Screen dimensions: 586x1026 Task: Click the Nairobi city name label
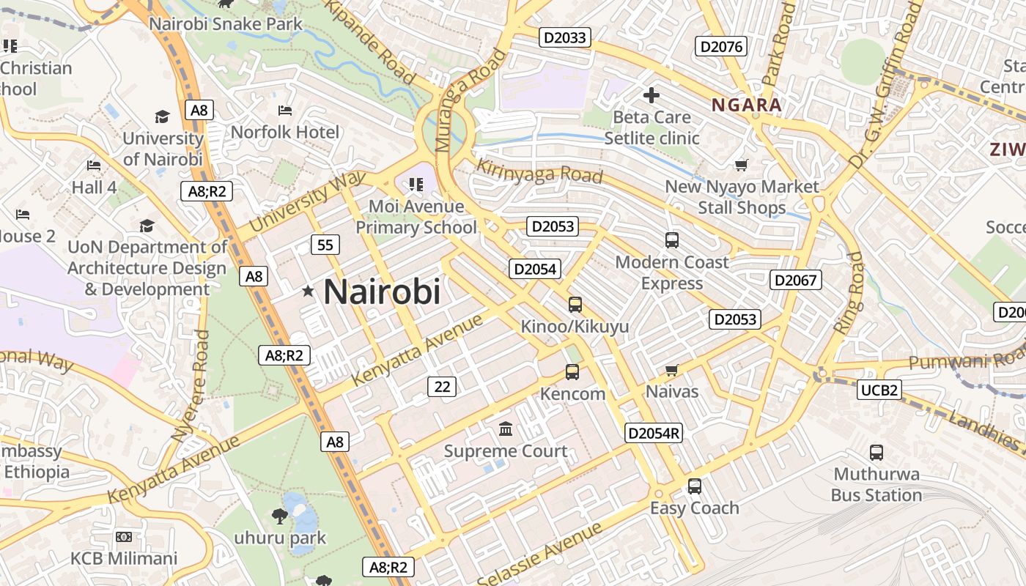(382, 292)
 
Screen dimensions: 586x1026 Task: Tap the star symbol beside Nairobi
(308, 292)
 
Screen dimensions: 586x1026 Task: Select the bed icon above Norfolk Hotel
(285, 111)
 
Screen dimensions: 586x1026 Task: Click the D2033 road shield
(565, 37)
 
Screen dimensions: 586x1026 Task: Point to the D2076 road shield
(722, 47)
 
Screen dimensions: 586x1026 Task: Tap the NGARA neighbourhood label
(747, 105)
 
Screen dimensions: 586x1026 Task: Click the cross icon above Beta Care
(651, 95)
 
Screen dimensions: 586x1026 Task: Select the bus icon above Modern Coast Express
(672, 240)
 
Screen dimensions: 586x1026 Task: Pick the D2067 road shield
(796, 280)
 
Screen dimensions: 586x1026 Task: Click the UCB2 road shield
(879, 390)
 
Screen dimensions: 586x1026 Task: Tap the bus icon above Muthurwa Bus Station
(876, 452)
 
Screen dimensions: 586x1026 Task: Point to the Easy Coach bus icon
(695, 486)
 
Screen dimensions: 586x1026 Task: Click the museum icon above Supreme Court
(506, 429)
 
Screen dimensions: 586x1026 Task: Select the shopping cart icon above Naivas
(672, 370)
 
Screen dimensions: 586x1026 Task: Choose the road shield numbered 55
(325, 245)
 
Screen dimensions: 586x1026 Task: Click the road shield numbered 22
(442, 386)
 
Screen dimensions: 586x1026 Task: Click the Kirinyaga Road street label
(539, 171)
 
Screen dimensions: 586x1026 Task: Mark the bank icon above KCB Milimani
(124, 537)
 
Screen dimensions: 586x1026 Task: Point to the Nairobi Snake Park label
(226, 24)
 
